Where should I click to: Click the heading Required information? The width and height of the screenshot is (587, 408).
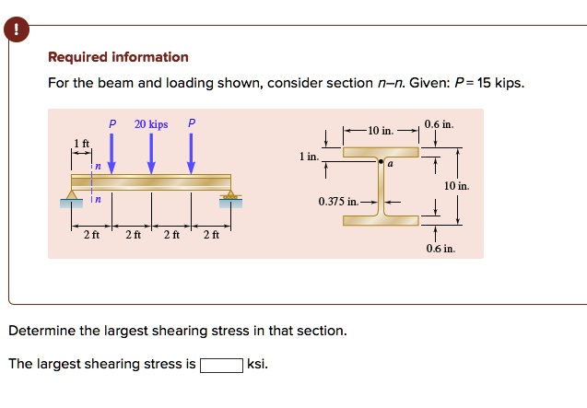coord(118,57)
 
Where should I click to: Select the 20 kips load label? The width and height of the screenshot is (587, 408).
coord(151,123)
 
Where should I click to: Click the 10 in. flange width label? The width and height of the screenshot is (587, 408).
coord(381,131)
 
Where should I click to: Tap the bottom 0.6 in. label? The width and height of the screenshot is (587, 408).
coord(440,249)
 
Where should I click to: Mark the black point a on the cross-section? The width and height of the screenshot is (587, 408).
coord(380,161)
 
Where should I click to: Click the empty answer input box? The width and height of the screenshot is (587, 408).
coord(222,364)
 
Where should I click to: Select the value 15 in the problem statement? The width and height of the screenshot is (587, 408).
coord(485,83)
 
